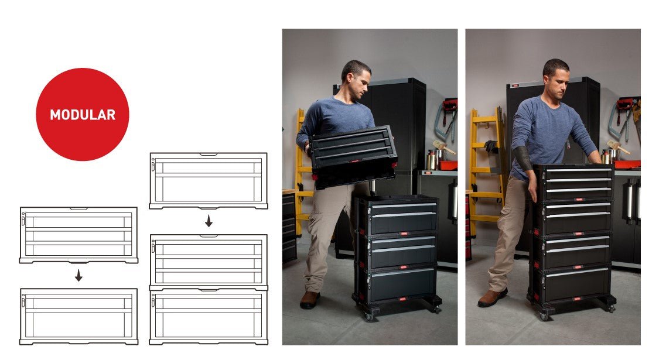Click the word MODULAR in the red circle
pos(82,115)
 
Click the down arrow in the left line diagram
pos(78,276)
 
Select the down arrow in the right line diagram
pos(209,222)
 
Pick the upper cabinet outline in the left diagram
pos(78,235)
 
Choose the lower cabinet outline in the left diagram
pos(78,316)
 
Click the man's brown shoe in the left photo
pos(309,300)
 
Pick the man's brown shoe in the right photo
pos(492,298)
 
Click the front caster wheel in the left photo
pos(368,316)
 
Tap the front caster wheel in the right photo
pos(544,316)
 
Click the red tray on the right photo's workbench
pos(627,164)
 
